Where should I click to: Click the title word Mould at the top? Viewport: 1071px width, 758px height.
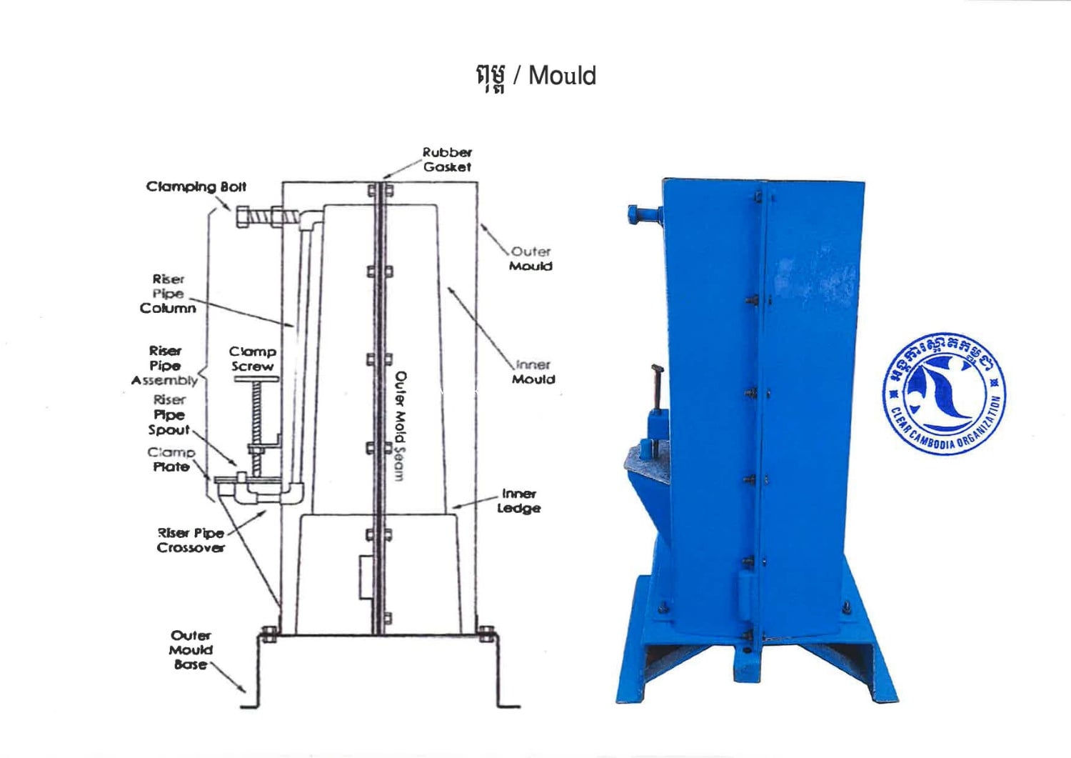pos(562,76)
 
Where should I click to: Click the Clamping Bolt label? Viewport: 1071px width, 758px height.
pos(196,187)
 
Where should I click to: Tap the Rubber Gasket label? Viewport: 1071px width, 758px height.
pos(447,159)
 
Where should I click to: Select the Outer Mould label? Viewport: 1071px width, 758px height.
pos(531,259)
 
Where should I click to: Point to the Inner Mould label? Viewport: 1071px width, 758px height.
pos(533,371)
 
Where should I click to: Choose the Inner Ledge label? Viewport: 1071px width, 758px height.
pos(518,501)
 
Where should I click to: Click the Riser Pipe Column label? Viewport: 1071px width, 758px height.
pos(168,294)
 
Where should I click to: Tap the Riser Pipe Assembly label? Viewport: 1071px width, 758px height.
pos(165,365)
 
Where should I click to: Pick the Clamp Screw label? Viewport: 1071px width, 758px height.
pos(252,359)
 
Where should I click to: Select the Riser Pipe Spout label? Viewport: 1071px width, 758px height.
pos(169,415)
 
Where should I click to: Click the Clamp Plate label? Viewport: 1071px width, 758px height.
pos(171,459)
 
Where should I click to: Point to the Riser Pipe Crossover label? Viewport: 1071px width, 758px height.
pos(191,540)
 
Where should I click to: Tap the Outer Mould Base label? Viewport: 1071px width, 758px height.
pos(191,649)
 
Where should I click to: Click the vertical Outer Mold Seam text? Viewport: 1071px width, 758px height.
pos(400,426)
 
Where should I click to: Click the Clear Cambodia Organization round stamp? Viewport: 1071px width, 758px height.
pos(943,393)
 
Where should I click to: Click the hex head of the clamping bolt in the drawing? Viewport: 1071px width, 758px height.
pos(243,216)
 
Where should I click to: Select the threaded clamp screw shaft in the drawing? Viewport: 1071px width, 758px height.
pos(256,414)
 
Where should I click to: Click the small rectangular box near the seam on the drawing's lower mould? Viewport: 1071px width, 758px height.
pos(365,577)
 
